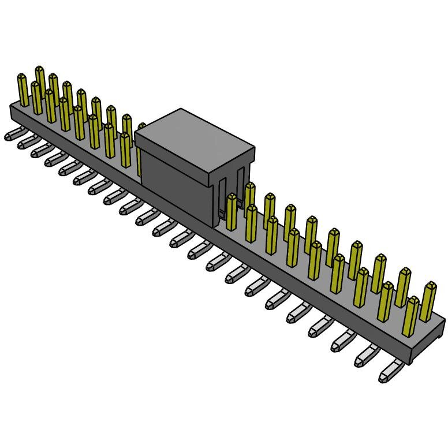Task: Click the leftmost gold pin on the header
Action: pyautogui.click(x=24, y=89)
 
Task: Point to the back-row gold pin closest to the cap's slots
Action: pyautogui.click(x=249, y=193)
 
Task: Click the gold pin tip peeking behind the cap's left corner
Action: pyautogui.click(x=141, y=125)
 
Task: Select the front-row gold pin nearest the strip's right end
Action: pyautogui.click(x=411, y=315)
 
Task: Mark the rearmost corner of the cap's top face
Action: pyautogui.click(x=181, y=110)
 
